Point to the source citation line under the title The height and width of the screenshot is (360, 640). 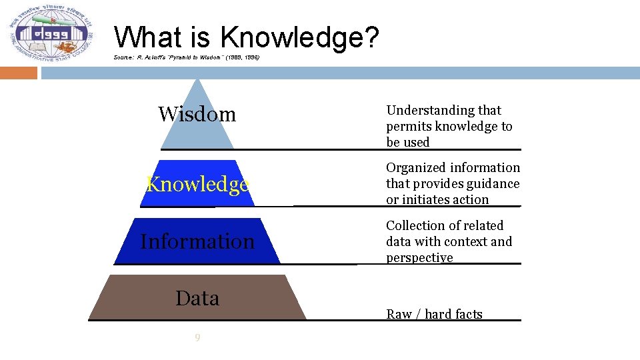point(187,59)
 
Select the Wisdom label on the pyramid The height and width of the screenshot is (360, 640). point(197,115)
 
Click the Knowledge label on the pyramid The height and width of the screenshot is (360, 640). point(197,184)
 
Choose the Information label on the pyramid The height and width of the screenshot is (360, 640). point(197,241)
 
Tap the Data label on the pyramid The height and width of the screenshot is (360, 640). point(197,298)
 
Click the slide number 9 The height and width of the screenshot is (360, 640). point(197,338)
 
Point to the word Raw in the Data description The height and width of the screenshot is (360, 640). point(399,315)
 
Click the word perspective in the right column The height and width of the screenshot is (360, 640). point(419,258)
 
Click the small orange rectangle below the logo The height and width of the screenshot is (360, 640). point(19,73)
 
